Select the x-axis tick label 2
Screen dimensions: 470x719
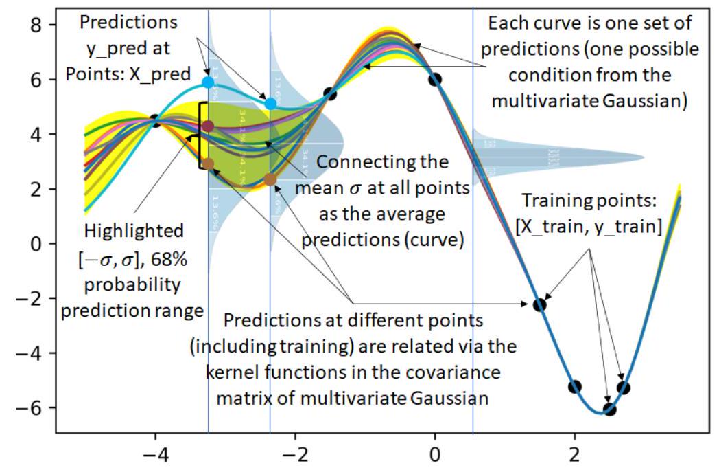click(574, 456)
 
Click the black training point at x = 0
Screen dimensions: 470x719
click(435, 79)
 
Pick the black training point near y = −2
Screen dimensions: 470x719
click(540, 304)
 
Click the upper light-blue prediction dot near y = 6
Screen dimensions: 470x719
click(209, 82)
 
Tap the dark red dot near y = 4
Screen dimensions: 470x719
click(209, 126)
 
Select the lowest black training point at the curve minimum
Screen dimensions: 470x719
click(609, 410)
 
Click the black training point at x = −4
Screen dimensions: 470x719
click(156, 122)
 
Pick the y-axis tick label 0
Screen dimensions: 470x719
click(42, 244)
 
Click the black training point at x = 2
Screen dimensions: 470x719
click(575, 387)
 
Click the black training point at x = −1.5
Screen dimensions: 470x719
click(330, 93)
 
